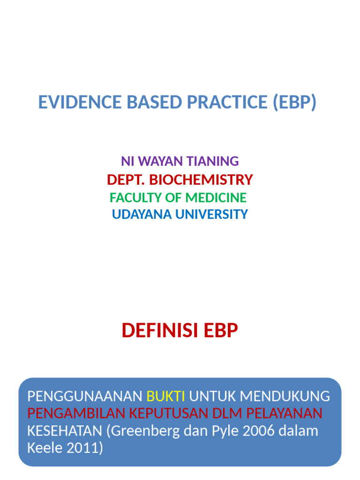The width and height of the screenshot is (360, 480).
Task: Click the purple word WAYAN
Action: (x=161, y=161)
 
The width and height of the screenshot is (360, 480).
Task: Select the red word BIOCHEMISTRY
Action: (x=202, y=180)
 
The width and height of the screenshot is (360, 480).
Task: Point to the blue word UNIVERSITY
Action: (x=211, y=215)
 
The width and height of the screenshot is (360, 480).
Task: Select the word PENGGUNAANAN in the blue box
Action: (x=85, y=397)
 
